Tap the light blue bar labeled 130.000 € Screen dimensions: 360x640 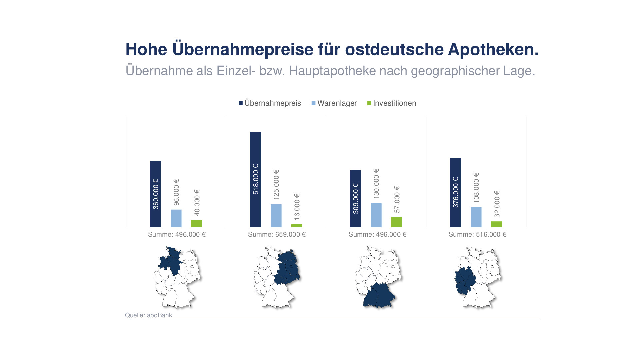pos(376,215)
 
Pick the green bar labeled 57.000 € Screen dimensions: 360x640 pos(396,222)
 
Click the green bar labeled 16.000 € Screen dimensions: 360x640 pos(296,226)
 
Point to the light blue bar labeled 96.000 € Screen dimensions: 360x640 pos(176,218)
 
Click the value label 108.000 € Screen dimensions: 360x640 pos(476,188)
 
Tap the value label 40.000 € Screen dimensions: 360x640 pos(197,202)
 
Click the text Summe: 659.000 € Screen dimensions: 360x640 pos(277,234)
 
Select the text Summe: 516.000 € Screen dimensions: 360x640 pos(477,234)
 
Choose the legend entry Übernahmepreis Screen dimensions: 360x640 pos(272,103)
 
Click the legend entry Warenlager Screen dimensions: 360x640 pos(337,103)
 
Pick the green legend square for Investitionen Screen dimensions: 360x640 pos(369,103)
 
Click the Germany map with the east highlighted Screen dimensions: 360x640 pos(277,277)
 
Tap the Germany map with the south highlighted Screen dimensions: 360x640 pos(378,277)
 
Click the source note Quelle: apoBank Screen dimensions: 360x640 pos(148,315)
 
